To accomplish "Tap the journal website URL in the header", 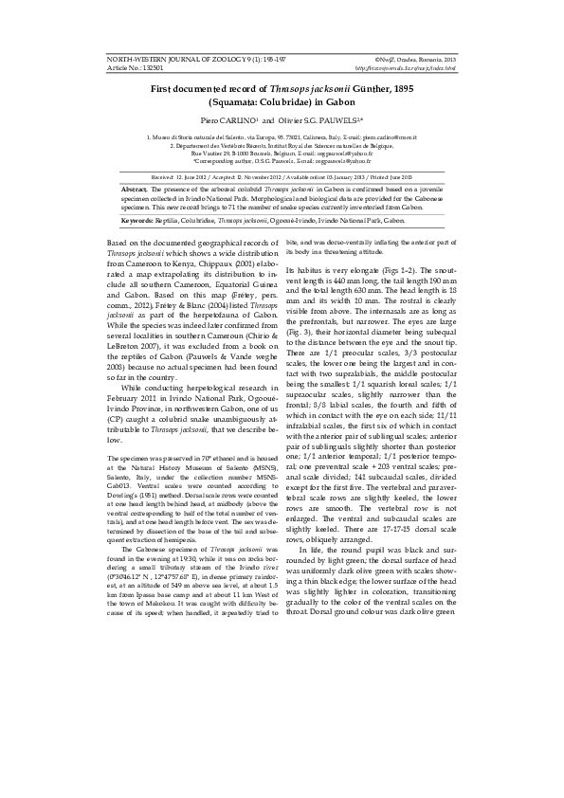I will [x=405, y=68].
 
